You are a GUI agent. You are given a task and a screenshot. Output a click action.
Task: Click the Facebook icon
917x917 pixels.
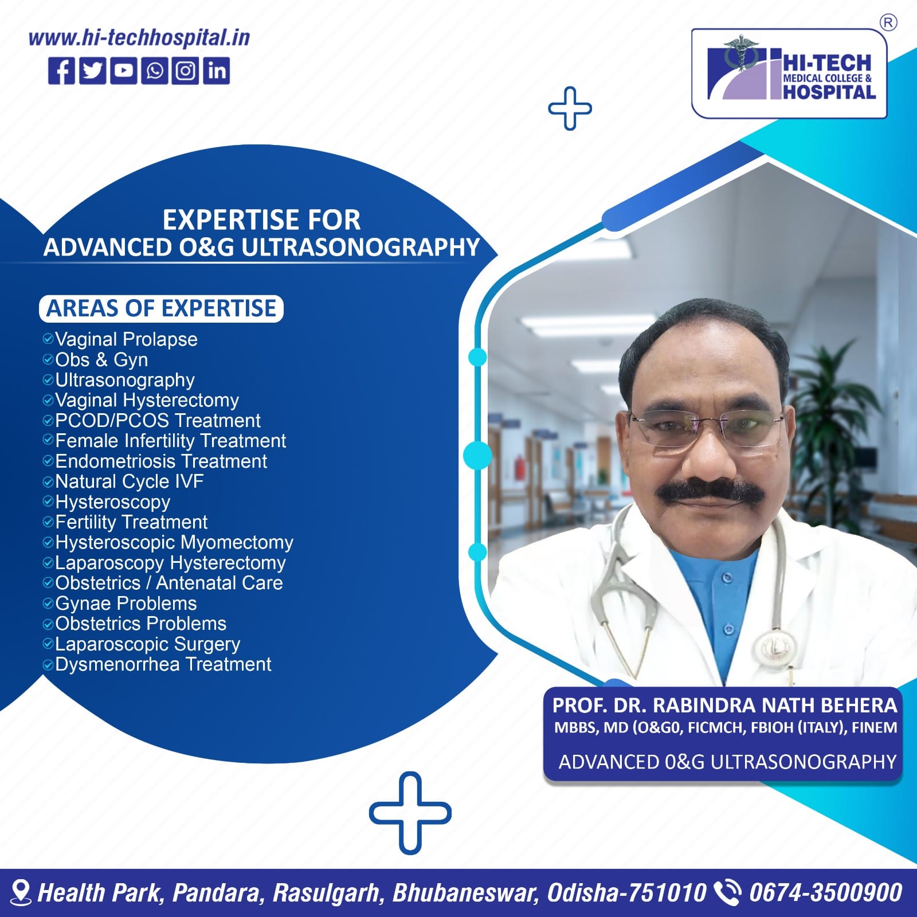pyautogui.click(x=61, y=71)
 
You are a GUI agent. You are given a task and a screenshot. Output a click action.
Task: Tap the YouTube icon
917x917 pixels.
pyautogui.click(x=123, y=71)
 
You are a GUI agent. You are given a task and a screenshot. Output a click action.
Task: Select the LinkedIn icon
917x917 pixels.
pyautogui.click(x=216, y=71)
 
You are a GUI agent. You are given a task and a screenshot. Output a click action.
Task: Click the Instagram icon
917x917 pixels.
pyautogui.click(x=185, y=71)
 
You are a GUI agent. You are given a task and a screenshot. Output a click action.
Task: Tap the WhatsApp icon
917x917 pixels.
pyautogui.click(x=154, y=71)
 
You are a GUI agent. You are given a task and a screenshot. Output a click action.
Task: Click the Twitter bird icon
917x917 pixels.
pyautogui.click(x=92, y=71)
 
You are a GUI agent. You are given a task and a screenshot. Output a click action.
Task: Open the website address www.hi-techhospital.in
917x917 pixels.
pyautogui.click(x=139, y=38)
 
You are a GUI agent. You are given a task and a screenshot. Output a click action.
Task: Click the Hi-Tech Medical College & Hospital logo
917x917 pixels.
pyautogui.click(x=789, y=74)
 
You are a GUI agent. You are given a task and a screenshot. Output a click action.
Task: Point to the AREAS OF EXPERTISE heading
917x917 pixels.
pyautogui.click(x=161, y=309)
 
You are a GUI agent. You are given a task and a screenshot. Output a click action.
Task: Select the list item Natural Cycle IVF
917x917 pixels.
pyautogui.click(x=129, y=481)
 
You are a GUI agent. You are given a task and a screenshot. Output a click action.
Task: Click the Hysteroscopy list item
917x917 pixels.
pyautogui.click(x=112, y=502)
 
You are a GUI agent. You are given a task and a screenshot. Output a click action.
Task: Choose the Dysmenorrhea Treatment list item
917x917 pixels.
pyautogui.click(x=163, y=664)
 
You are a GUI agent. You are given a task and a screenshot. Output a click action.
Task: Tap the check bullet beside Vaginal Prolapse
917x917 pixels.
pyautogui.click(x=48, y=339)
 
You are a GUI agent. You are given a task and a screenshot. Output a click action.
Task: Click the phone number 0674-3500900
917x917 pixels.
pyautogui.click(x=825, y=893)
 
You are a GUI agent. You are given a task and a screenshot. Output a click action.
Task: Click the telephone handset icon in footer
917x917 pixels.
pyautogui.click(x=727, y=893)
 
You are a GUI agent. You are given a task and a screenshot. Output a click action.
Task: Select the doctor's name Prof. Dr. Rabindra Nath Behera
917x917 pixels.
pyautogui.click(x=724, y=706)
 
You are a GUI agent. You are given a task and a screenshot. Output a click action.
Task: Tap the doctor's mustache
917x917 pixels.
pyautogui.click(x=709, y=492)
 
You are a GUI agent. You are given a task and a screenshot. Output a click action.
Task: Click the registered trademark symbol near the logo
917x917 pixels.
pyautogui.click(x=888, y=23)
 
